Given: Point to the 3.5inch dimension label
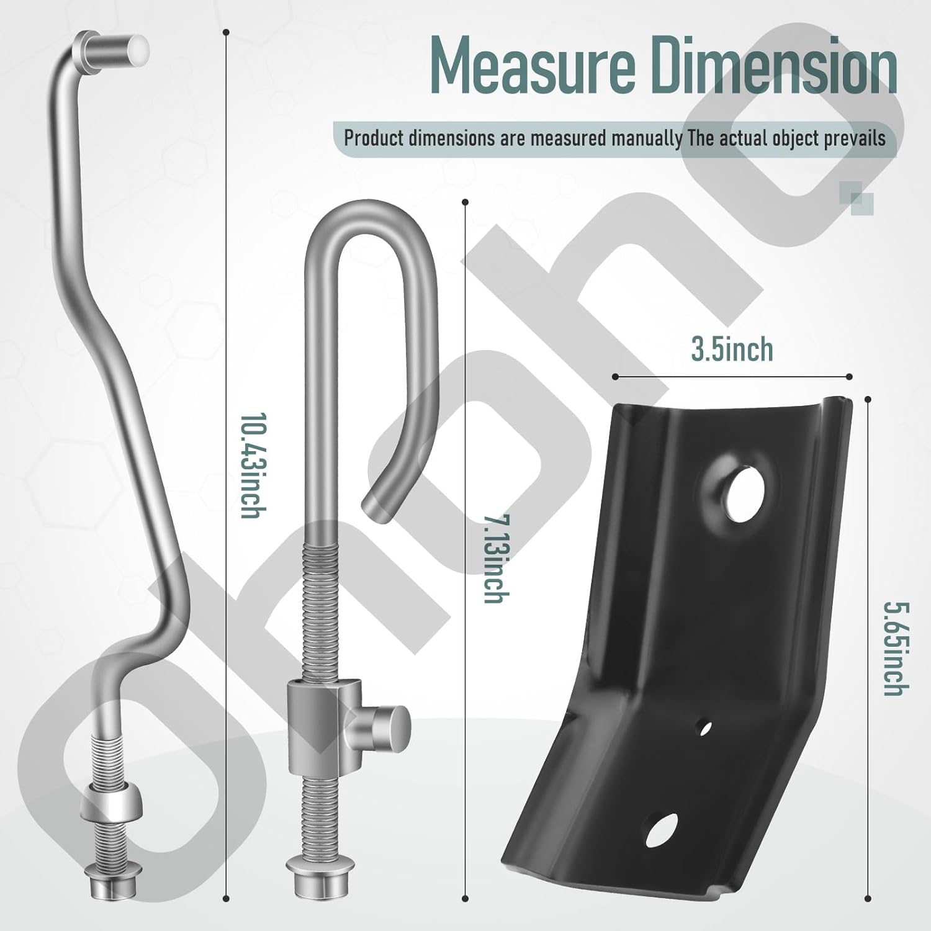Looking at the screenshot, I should [732, 350].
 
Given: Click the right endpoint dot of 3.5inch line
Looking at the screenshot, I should [849, 376].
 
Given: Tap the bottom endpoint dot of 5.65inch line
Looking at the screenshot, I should [868, 896].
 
